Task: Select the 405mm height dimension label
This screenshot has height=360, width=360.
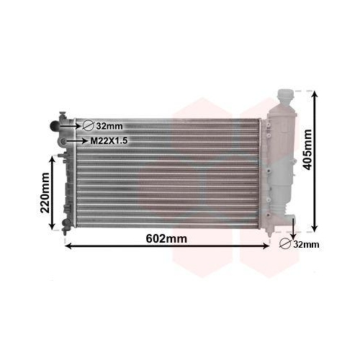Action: coord(308,149)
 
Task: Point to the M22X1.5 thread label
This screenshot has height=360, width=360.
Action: coord(109,141)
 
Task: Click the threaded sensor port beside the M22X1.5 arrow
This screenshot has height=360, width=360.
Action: coord(63,140)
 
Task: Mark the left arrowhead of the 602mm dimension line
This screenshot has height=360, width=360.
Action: coord(68,246)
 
